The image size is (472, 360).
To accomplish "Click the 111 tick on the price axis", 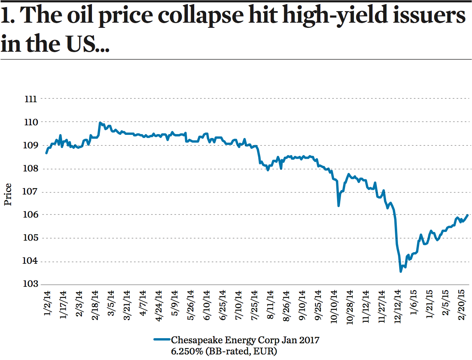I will (31, 99).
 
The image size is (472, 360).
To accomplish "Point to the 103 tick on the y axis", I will (31, 284).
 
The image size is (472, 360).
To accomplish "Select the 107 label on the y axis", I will (31, 192).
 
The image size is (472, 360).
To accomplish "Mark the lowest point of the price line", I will (401, 272).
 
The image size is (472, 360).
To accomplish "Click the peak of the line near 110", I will (99, 123).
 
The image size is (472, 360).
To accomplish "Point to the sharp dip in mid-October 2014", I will (339, 205).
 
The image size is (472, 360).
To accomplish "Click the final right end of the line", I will (467, 215).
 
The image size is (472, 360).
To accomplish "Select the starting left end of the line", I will (47, 153).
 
